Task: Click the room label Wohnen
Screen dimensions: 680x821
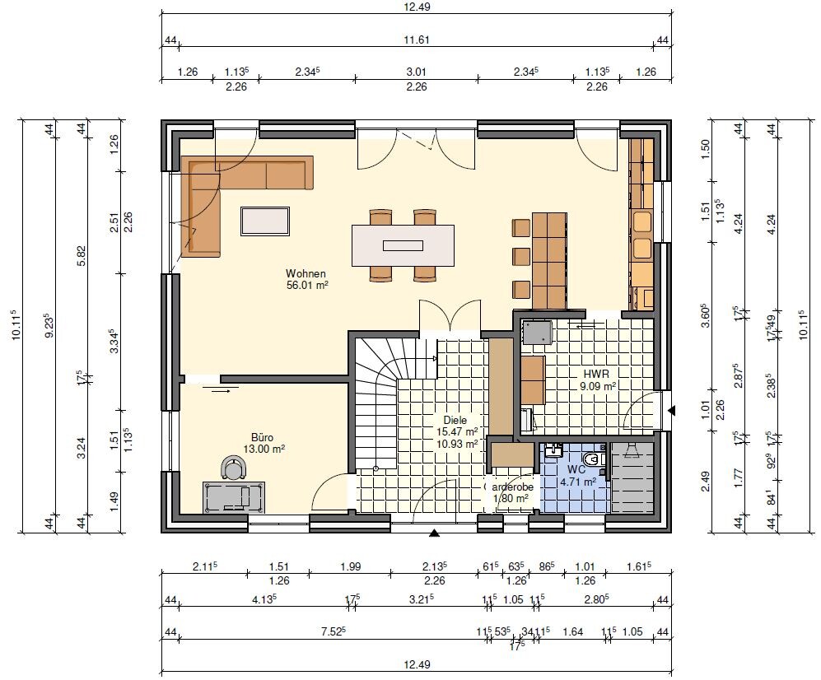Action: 306,273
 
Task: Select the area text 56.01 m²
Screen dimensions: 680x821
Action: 306,285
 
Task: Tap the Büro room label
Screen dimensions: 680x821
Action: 263,437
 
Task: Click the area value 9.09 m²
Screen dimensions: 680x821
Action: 599,384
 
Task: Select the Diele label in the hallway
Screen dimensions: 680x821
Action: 455,420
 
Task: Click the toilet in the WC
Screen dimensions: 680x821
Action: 590,458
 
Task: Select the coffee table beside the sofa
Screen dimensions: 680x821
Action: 264,221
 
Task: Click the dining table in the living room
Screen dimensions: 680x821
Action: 403,245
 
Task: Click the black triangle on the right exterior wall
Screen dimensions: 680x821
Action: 672,409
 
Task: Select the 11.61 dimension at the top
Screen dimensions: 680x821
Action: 417,39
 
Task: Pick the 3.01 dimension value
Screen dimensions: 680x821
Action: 417,72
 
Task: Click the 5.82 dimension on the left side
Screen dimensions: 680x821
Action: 82,254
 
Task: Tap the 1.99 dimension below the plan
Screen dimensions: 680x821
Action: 349,566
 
